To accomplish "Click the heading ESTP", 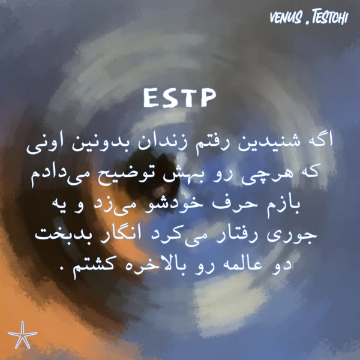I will [179, 98].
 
